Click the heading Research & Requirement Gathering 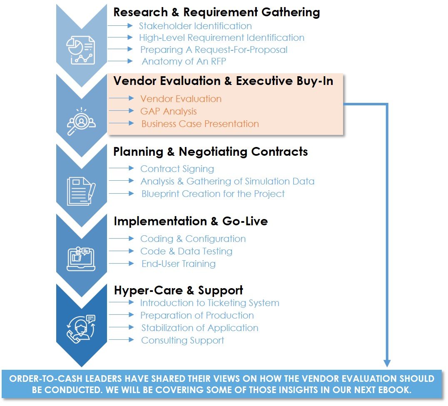tap(217, 12)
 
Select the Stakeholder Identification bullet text tap(195, 26)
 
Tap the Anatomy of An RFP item tap(184, 62)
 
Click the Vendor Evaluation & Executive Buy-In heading tap(223, 81)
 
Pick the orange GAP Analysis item tap(169, 111)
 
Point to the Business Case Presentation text tap(200, 124)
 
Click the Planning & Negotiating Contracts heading tap(211, 152)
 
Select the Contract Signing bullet tap(177, 169)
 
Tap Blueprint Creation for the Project tap(213, 194)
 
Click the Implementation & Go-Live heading tap(191, 221)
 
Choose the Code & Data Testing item tap(186, 251)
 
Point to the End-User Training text tap(179, 264)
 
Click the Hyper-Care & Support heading tap(178, 290)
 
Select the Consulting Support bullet tap(182, 340)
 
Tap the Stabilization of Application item tap(200, 328)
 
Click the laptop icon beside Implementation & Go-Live tap(81, 259)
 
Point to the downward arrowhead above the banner tap(387, 363)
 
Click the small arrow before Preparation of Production tap(122, 315)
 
